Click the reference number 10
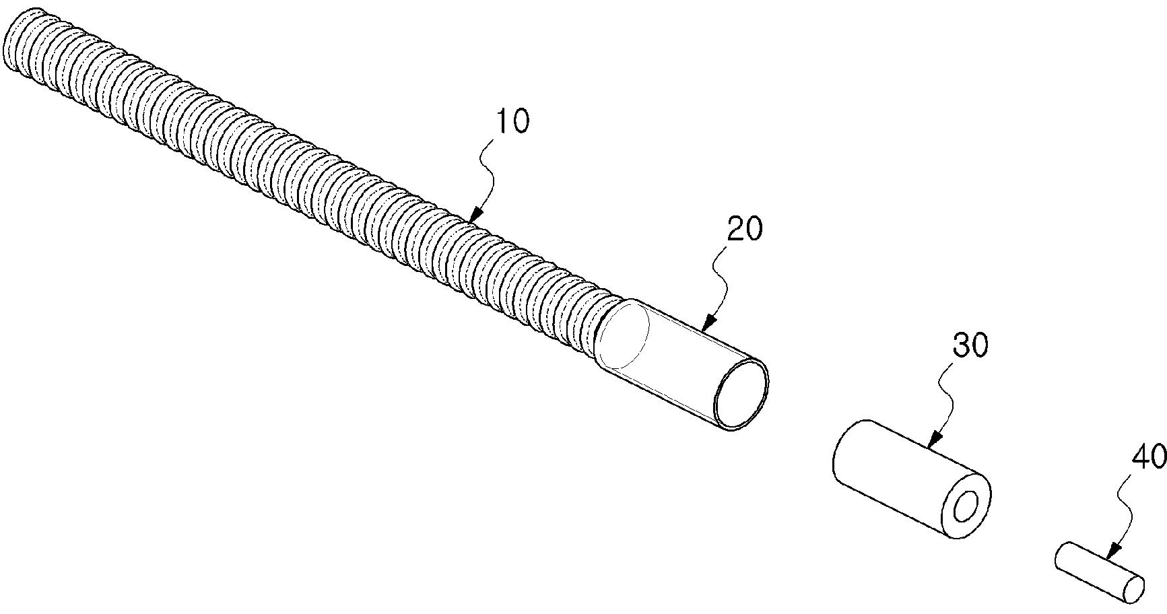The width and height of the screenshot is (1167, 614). point(512,122)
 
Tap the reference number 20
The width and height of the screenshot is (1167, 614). point(745,229)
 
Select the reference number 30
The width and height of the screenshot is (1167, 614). point(970,345)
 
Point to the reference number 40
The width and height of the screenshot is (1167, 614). point(1149,458)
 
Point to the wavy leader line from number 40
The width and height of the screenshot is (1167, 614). point(1125,512)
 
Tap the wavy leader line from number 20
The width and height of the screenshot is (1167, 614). point(724,283)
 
